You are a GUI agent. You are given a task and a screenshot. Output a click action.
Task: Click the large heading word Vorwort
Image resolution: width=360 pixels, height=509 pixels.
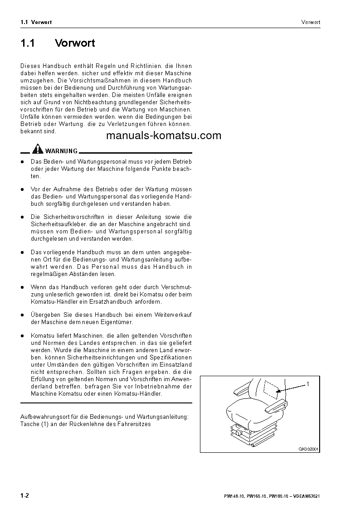pyautogui.click(x=75, y=43)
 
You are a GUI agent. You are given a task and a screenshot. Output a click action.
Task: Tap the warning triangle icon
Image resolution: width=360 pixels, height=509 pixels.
pyautogui.click(x=38, y=150)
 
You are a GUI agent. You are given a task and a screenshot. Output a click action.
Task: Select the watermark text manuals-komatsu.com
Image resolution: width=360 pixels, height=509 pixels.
pyautogui.click(x=164, y=136)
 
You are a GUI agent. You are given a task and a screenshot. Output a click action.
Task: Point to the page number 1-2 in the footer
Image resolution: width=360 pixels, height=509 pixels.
pyautogui.click(x=24, y=496)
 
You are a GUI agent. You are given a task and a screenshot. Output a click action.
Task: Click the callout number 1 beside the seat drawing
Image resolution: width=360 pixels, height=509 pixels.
pyautogui.click(x=307, y=384)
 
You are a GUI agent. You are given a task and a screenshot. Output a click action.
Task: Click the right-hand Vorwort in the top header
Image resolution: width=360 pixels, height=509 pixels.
pyautogui.click(x=311, y=22)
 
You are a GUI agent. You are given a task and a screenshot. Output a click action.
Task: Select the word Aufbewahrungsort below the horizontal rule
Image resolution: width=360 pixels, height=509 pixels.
pyautogui.click(x=43, y=416)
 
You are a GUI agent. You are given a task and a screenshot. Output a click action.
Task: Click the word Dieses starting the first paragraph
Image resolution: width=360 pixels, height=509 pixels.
pyautogui.click(x=30, y=66)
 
